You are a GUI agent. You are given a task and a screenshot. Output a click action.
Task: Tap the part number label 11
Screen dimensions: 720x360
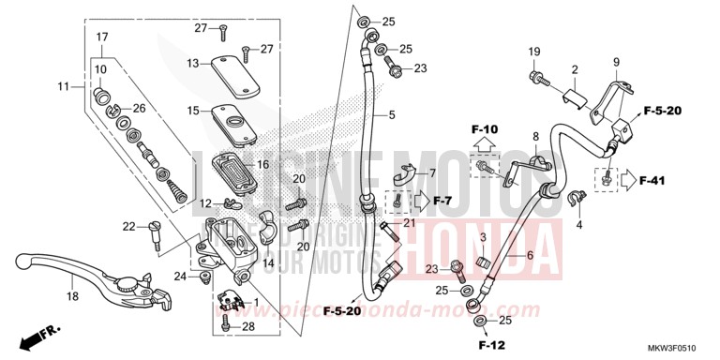(64, 86)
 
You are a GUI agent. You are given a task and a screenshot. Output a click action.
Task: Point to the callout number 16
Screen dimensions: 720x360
(263, 164)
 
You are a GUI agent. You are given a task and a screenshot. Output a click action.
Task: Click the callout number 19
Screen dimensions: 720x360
(533, 51)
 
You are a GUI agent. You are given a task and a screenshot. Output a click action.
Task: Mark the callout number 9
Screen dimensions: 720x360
(617, 63)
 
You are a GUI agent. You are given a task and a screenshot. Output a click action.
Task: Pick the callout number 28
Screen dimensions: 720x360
(249, 326)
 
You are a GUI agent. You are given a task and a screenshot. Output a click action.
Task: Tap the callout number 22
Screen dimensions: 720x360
(129, 226)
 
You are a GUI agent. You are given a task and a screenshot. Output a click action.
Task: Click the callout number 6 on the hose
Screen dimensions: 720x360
(530, 256)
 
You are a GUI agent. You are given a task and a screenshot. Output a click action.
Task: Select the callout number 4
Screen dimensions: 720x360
(579, 226)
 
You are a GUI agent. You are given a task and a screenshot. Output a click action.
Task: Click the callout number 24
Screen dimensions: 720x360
(180, 276)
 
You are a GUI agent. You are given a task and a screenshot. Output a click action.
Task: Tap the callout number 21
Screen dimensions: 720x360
(409, 222)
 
